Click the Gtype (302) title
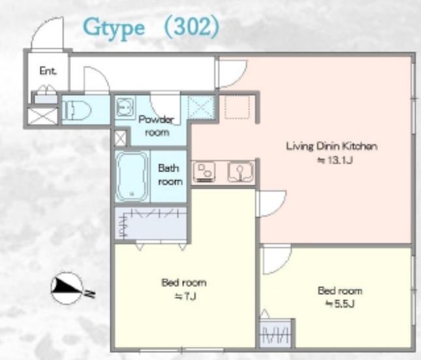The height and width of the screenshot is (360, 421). click(151, 27)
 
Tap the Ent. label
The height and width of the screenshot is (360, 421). click(48, 71)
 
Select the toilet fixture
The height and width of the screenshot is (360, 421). click(76, 110)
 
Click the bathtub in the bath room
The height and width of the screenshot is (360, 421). click(133, 177)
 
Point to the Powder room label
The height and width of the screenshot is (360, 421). click(157, 126)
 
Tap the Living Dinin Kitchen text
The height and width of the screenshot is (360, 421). click(332, 146)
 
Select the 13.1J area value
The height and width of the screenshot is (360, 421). click(335, 160)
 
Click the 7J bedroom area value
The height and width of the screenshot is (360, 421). click(185, 296)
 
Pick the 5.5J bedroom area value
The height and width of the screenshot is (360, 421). click(340, 304)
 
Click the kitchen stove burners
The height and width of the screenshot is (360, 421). click(204, 172)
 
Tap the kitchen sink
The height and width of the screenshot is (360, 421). click(241, 172)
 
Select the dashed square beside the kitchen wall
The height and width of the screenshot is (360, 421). click(237, 106)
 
